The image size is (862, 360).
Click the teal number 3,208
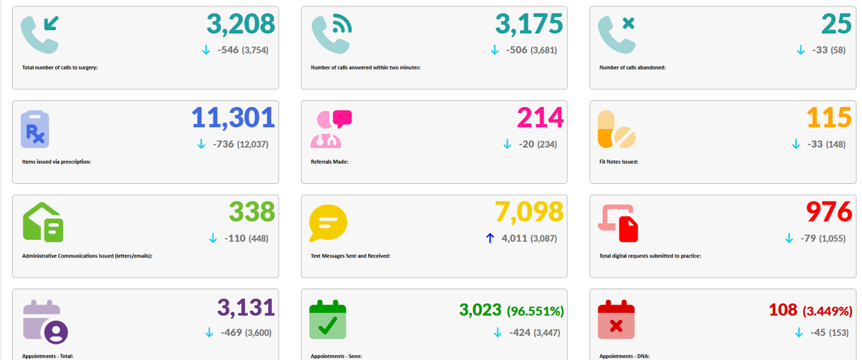click(240, 24)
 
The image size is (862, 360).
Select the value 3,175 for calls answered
click(529, 24)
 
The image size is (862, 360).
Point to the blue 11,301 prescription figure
click(233, 118)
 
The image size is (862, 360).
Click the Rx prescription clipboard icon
click(35, 129)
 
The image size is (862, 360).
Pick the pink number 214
click(540, 118)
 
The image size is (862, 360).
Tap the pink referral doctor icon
click(331, 129)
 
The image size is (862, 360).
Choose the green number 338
click(252, 212)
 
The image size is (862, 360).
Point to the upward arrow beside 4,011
click(490, 238)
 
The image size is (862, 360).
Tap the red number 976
click(829, 212)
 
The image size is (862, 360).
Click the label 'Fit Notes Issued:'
click(618, 162)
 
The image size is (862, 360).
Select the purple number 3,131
click(246, 307)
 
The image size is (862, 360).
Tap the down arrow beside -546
click(207, 50)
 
